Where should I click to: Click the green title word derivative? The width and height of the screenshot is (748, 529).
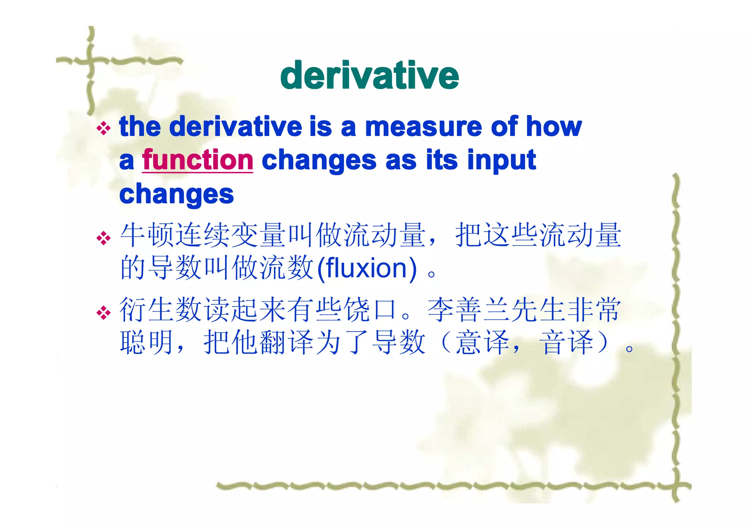click(369, 75)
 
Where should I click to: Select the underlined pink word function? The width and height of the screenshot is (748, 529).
click(198, 160)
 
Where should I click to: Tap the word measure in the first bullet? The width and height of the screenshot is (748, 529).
click(424, 126)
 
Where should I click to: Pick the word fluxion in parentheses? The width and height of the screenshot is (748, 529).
click(366, 268)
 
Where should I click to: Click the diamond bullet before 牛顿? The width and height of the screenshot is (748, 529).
click(103, 238)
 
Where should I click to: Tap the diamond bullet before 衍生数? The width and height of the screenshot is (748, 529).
click(103, 312)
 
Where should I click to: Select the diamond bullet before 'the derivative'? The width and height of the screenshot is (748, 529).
click(103, 128)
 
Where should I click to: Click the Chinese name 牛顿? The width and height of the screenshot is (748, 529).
click(148, 235)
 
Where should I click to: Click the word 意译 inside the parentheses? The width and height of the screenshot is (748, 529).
click(482, 342)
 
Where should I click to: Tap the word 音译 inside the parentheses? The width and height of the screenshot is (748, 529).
click(566, 342)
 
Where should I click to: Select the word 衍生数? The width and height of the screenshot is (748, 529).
click(161, 309)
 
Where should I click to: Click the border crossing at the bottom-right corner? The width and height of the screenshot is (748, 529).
click(676, 486)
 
